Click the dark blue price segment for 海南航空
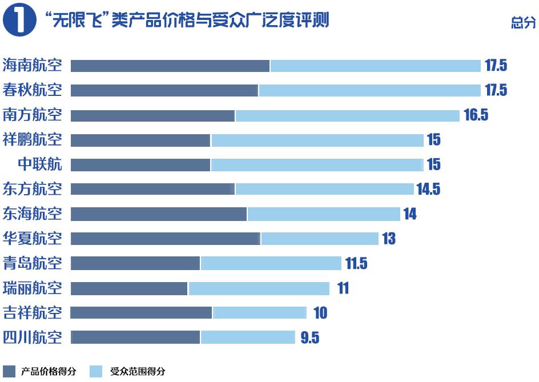coord(170,66)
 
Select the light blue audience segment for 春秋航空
coord(369,90)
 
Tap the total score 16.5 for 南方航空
coord(476,115)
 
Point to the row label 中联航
coord(40,164)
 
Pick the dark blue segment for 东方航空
coord(152,188)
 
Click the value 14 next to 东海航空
coord(409,214)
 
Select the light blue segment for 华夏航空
coord(320,238)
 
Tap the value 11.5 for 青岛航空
coord(356,263)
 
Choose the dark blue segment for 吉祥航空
coord(141,312)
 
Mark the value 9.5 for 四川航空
coord(309,337)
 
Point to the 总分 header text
coord(523,23)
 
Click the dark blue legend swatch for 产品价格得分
coord(9,371)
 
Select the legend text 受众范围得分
coord(138,371)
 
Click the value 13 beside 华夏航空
coord(388,238)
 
